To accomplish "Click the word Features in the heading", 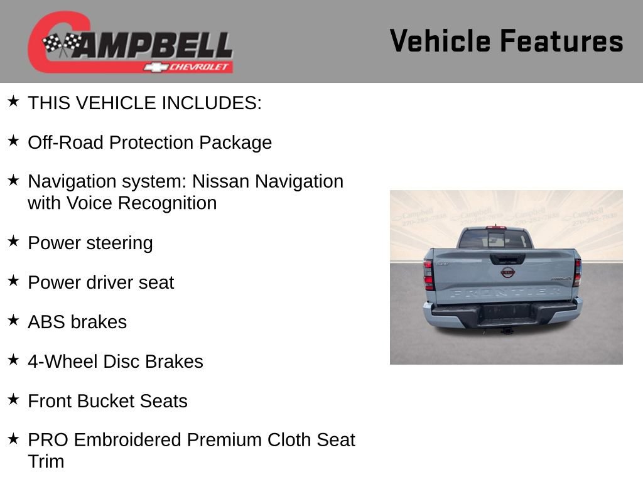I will click(x=561, y=41).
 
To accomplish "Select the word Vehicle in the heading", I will click(x=440, y=41).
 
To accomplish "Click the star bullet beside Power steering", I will click(x=13, y=241).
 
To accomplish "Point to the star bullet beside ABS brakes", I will click(x=13, y=320).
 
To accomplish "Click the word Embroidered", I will click(x=127, y=440).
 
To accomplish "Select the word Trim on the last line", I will click(x=46, y=462).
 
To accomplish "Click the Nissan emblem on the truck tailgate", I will click(x=507, y=272).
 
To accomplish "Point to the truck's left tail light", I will click(x=428, y=274).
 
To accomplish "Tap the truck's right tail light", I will click(x=577, y=273).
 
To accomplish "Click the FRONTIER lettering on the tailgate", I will click(x=505, y=292).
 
